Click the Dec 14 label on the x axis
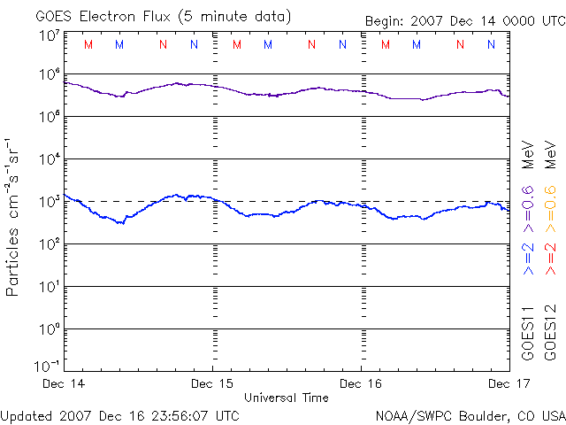click(65, 383)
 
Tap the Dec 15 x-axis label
click(213, 383)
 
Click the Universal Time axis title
click(287, 398)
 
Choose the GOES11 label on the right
click(528, 333)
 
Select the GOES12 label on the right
click(550, 333)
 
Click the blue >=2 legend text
click(528, 261)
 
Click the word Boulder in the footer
click(480, 415)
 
